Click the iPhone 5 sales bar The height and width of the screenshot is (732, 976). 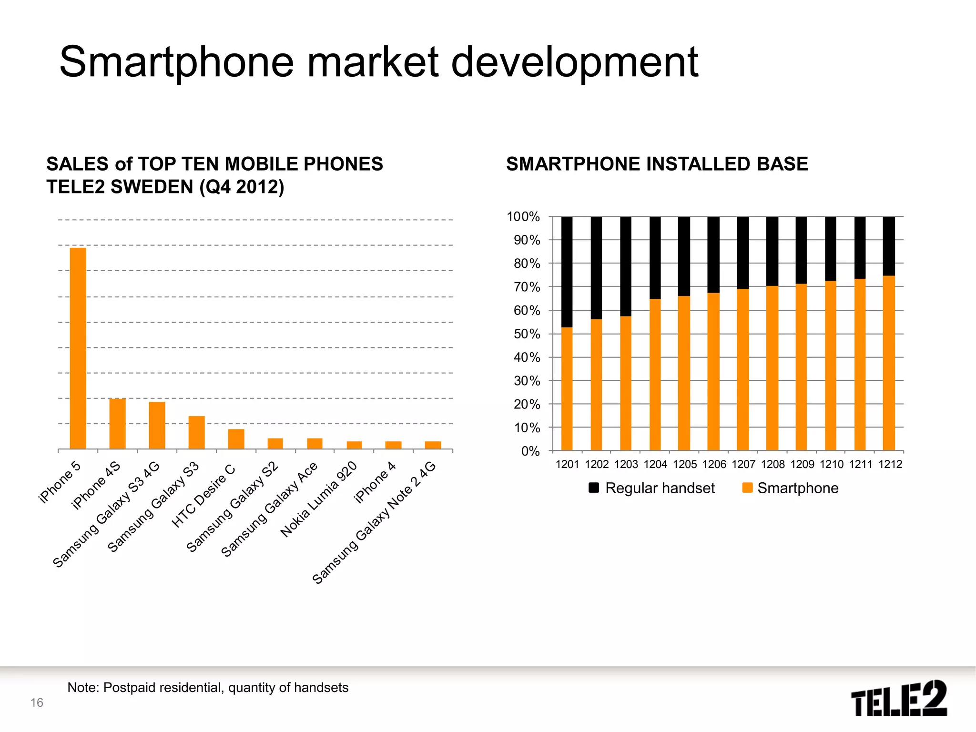pyautogui.click(x=78, y=348)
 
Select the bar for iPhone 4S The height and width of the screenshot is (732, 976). pyautogui.click(x=117, y=424)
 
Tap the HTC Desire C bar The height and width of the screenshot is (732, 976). pyautogui.click(x=236, y=439)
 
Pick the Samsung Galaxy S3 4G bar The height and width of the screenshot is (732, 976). pyautogui.click(x=157, y=425)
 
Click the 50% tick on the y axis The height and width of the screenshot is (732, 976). pyautogui.click(x=527, y=334)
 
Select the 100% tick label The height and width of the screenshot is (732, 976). pyautogui.click(x=523, y=217)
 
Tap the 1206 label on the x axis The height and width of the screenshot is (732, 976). pyautogui.click(x=714, y=464)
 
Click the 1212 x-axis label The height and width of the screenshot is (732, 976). pyautogui.click(x=890, y=464)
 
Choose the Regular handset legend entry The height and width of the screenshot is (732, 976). pyautogui.click(x=651, y=488)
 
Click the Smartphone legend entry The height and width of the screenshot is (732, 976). pyautogui.click(x=791, y=488)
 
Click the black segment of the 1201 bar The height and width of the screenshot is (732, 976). pyautogui.click(x=567, y=272)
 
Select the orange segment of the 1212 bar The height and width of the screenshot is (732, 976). pyautogui.click(x=889, y=362)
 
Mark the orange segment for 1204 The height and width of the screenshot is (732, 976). pyautogui.click(x=655, y=374)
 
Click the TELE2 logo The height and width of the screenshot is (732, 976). pyautogui.click(x=899, y=698)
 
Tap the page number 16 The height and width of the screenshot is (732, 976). pyautogui.click(x=37, y=702)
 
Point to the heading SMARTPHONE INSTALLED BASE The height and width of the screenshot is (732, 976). pyautogui.click(x=657, y=164)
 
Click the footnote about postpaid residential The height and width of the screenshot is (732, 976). pyautogui.click(x=208, y=687)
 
